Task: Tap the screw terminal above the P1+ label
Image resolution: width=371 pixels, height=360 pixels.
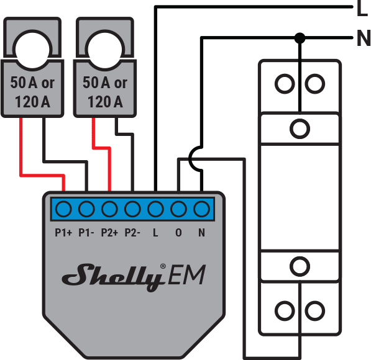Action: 63,208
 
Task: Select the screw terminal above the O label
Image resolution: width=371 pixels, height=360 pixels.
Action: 178,208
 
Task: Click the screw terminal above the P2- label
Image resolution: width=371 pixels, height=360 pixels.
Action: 132,208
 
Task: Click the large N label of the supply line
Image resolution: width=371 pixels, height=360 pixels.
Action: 363,39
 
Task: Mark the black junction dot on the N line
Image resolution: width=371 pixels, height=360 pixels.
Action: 300,38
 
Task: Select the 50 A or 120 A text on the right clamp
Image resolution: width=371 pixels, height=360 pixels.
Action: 104,91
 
